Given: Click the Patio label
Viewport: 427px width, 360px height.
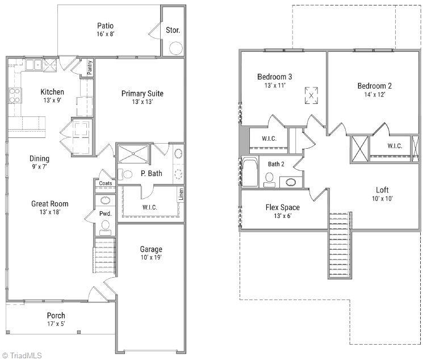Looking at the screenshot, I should click(x=105, y=26).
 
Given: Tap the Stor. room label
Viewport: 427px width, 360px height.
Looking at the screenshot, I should click(x=173, y=31).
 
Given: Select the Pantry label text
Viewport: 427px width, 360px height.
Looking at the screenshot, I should click(x=90, y=68).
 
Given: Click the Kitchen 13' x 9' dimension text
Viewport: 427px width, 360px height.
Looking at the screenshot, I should click(x=52, y=101).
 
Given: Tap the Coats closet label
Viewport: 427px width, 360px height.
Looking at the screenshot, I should click(x=106, y=183).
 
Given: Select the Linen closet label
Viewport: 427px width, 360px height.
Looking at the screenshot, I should click(x=181, y=194).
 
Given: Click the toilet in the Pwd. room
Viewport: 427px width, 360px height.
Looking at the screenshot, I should click(x=105, y=225).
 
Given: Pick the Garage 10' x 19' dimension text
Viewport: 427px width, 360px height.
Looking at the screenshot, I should click(x=151, y=258).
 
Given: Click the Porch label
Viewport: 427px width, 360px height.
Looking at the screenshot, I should click(x=56, y=316).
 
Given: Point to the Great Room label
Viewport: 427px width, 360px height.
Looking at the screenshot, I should click(x=49, y=204).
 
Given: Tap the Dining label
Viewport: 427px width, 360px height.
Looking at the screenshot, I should click(x=40, y=159).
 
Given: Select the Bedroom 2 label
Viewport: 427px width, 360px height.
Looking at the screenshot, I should click(x=374, y=86).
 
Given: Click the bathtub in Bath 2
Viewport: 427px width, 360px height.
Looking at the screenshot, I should click(x=250, y=171).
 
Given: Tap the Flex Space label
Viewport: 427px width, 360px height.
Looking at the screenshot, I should click(x=282, y=207).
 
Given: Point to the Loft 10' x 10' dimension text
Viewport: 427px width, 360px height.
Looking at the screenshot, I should click(x=382, y=199).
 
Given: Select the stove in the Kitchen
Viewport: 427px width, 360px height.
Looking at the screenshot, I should click(x=14, y=95).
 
